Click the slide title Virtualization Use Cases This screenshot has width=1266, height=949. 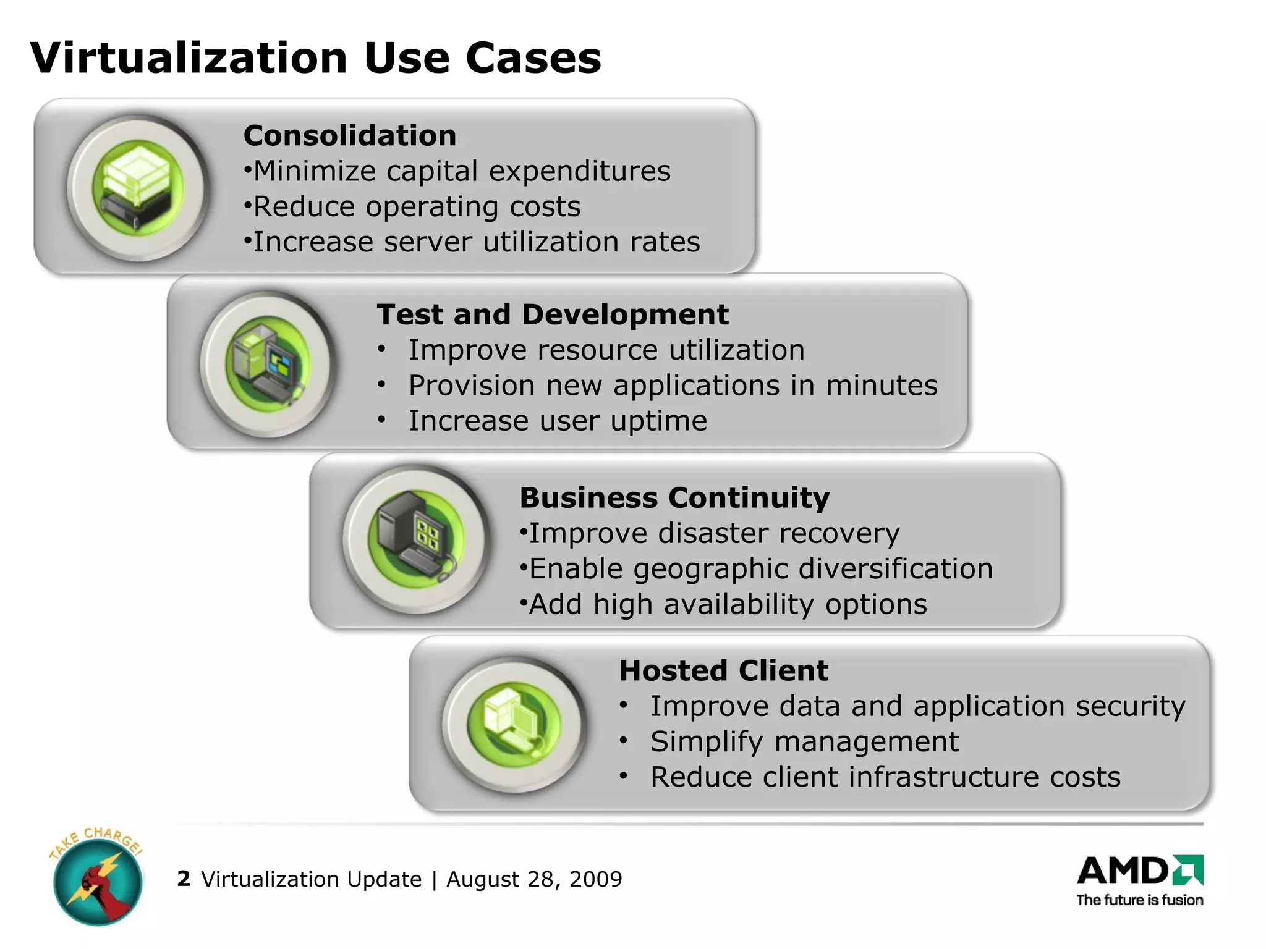pyautogui.click(x=315, y=58)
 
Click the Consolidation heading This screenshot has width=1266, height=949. pyautogui.click(x=350, y=136)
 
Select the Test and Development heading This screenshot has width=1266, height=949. pyautogui.click(x=553, y=314)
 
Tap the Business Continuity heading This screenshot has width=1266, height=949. pyautogui.click(x=674, y=498)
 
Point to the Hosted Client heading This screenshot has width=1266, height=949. pyautogui.click(x=723, y=671)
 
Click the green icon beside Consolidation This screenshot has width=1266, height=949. pyautogui.click(x=138, y=187)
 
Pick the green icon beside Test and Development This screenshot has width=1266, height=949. pyautogui.click(x=268, y=364)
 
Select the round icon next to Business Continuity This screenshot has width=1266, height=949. pyautogui.click(x=415, y=539)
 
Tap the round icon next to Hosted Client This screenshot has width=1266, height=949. pyautogui.click(x=514, y=724)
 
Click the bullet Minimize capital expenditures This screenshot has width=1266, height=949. pyautogui.click(x=461, y=171)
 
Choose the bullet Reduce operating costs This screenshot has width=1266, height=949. pyautogui.click(x=417, y=206)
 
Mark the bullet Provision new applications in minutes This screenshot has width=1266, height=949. pyautogui.click(x=673, y=386)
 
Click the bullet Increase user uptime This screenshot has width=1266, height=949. pyautogui.click(x=558, y=421)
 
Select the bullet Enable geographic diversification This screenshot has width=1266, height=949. pyautogui.click(x=760, y=569)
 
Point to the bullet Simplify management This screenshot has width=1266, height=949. pyautogui.click(x=804, y=741)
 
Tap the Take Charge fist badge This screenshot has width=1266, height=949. pyautogui.click(x=97, y=877)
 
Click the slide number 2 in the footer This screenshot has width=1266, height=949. pyautogui.click(x=183, y=879)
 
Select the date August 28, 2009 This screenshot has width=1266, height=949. pyautogui.click(x=534, y=879)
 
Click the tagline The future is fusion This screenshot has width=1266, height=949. pyautogui.click(x=1139, y=900)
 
